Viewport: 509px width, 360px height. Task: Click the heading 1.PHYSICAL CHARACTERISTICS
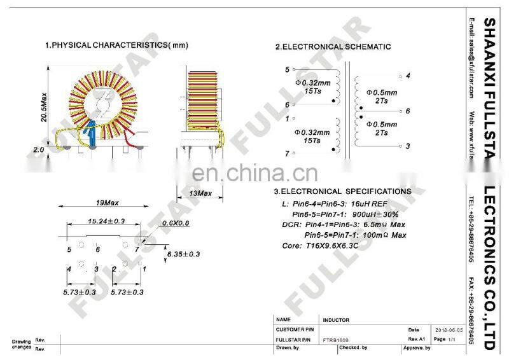click(x=116, y=46)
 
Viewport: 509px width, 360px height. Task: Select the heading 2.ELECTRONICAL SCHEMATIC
click(x=333, y=47)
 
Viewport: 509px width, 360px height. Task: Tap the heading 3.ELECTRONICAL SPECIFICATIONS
click(x=342, y=191)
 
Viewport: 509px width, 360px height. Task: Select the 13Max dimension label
click(x=200, y=193)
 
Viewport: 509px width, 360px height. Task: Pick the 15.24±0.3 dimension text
click(x=97, y=222)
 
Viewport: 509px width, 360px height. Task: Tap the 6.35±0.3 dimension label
click(x=183, y=254)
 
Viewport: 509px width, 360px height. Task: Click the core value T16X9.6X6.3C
click(x=329, y=246)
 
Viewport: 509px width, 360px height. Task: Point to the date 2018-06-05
click(x=449, y=331)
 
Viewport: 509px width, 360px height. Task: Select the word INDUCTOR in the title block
click(x=336, y=320)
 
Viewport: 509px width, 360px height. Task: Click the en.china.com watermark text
click(x=254, y=174)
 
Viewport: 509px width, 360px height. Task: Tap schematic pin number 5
click(x=287, y=69)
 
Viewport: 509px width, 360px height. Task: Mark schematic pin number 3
click(x=407, y=146)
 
